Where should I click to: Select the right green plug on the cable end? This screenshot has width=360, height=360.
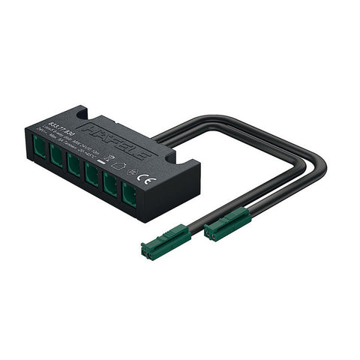tap(226, 222)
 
